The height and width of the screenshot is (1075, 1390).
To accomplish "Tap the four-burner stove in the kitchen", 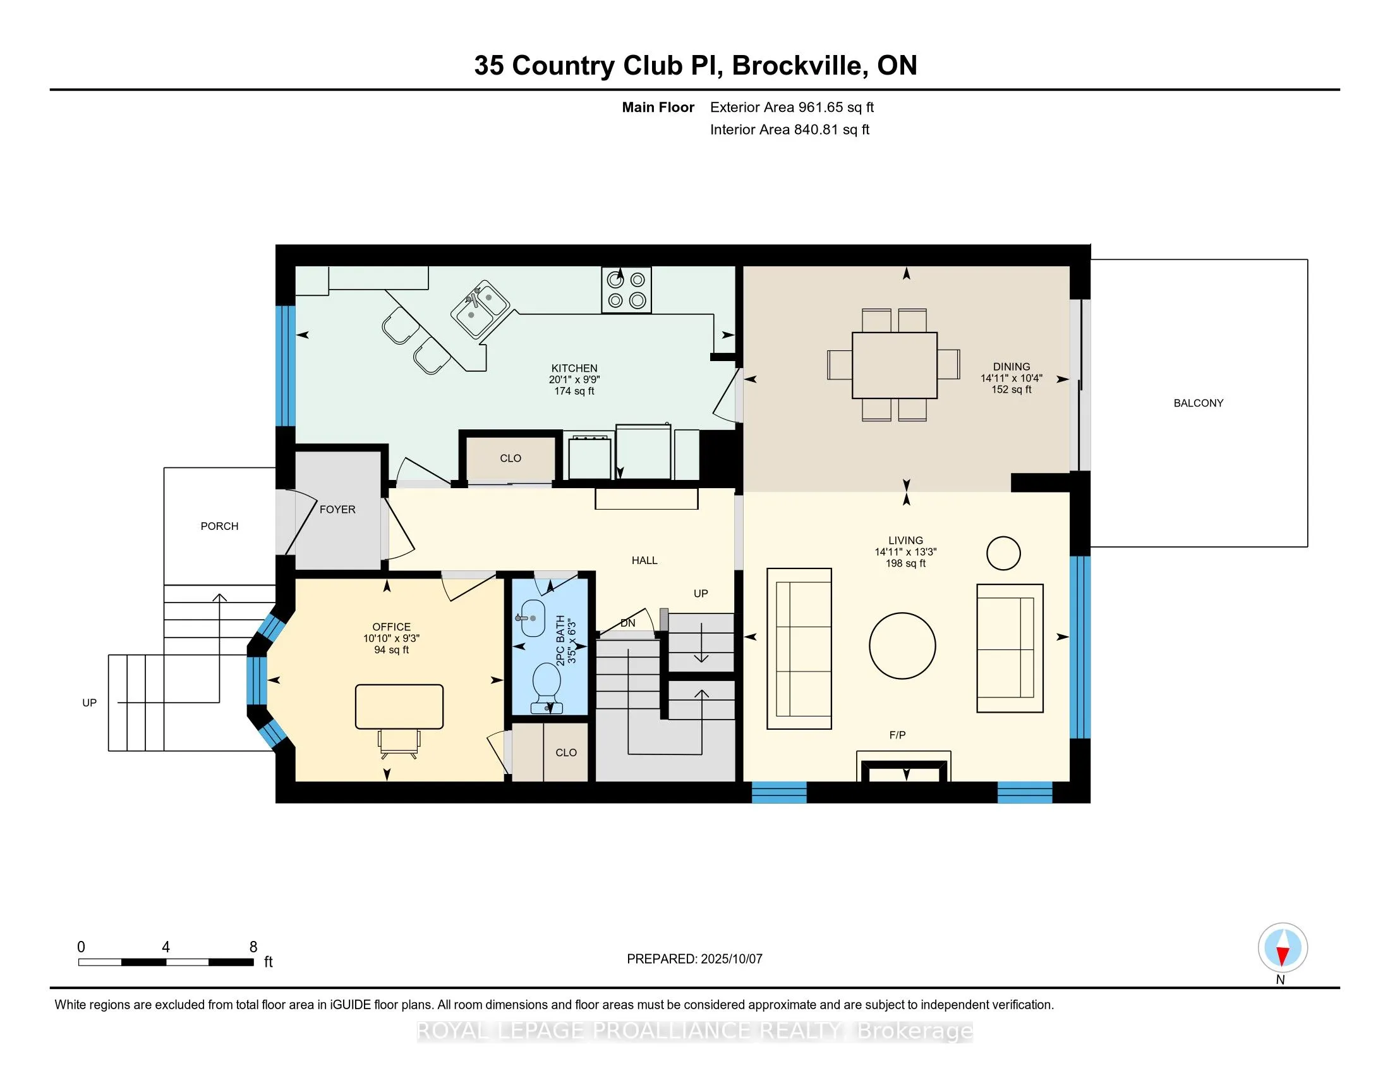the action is click(x=626, y=290).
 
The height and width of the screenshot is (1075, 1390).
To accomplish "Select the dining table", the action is click(x=894, y=365).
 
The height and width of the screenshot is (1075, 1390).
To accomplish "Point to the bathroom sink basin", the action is click(x=532, y=618).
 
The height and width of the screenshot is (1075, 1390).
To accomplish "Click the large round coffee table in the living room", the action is click(x=902, y=646).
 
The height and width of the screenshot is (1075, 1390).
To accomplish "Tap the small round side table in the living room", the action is click(x=1004, y=553).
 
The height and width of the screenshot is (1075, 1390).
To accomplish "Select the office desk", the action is click(x=399, y=706).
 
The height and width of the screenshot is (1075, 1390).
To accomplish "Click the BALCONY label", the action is click(x=1199, y=403).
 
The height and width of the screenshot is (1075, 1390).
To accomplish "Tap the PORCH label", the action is click(x=220, y=526).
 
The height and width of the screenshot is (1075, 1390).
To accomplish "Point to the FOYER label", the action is click(x=337, y=510).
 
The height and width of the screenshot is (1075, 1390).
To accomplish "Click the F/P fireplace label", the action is click(x=897, y=735).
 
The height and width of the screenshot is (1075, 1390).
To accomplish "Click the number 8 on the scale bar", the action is click(x=253, y=947).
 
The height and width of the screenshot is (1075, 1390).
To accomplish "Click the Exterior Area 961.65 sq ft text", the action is click(x=792, y=107).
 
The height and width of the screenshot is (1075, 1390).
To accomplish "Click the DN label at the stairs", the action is click(x=627, y=623).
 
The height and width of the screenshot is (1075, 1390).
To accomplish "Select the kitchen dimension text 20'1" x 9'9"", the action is click(x=574, y=379).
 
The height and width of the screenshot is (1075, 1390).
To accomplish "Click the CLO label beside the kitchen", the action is click(x=511, y=458).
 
